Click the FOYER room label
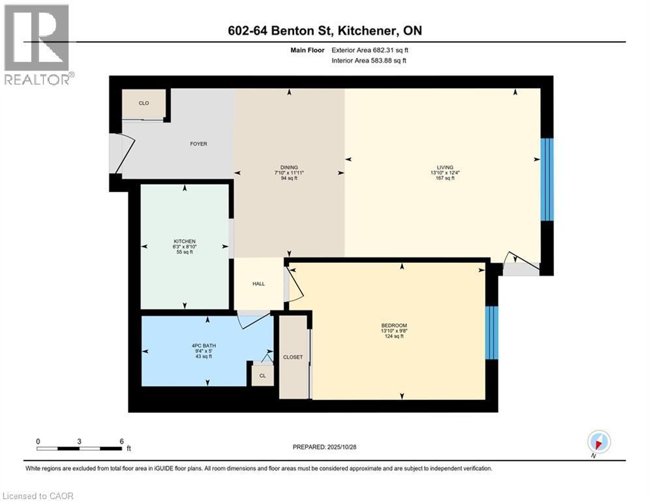click(198, 144)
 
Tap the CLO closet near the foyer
click(143, 103)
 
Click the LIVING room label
click(445, 168)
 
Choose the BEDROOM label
click(394, 326)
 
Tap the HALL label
click(259, 284)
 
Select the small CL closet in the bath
click(262, 375)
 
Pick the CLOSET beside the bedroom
click(293, 357)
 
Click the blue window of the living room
click(547, 179)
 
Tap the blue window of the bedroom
click(492, 332)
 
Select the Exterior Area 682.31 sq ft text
click(370, 50)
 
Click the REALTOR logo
click(37, 44)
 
